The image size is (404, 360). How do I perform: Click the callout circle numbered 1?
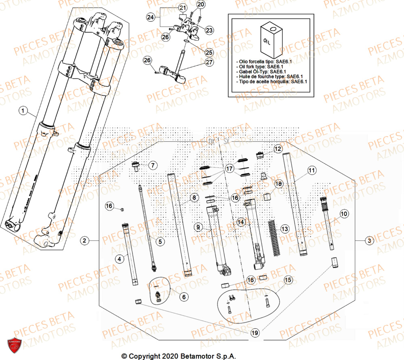point(23,110)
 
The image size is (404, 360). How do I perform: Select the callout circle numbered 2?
point(84,241)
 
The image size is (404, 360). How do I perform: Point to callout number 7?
point(153,165)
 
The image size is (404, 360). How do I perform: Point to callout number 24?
point(151,17)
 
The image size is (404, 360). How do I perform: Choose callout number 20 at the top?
point(201,4)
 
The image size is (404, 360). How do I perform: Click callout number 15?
point(288,280)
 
